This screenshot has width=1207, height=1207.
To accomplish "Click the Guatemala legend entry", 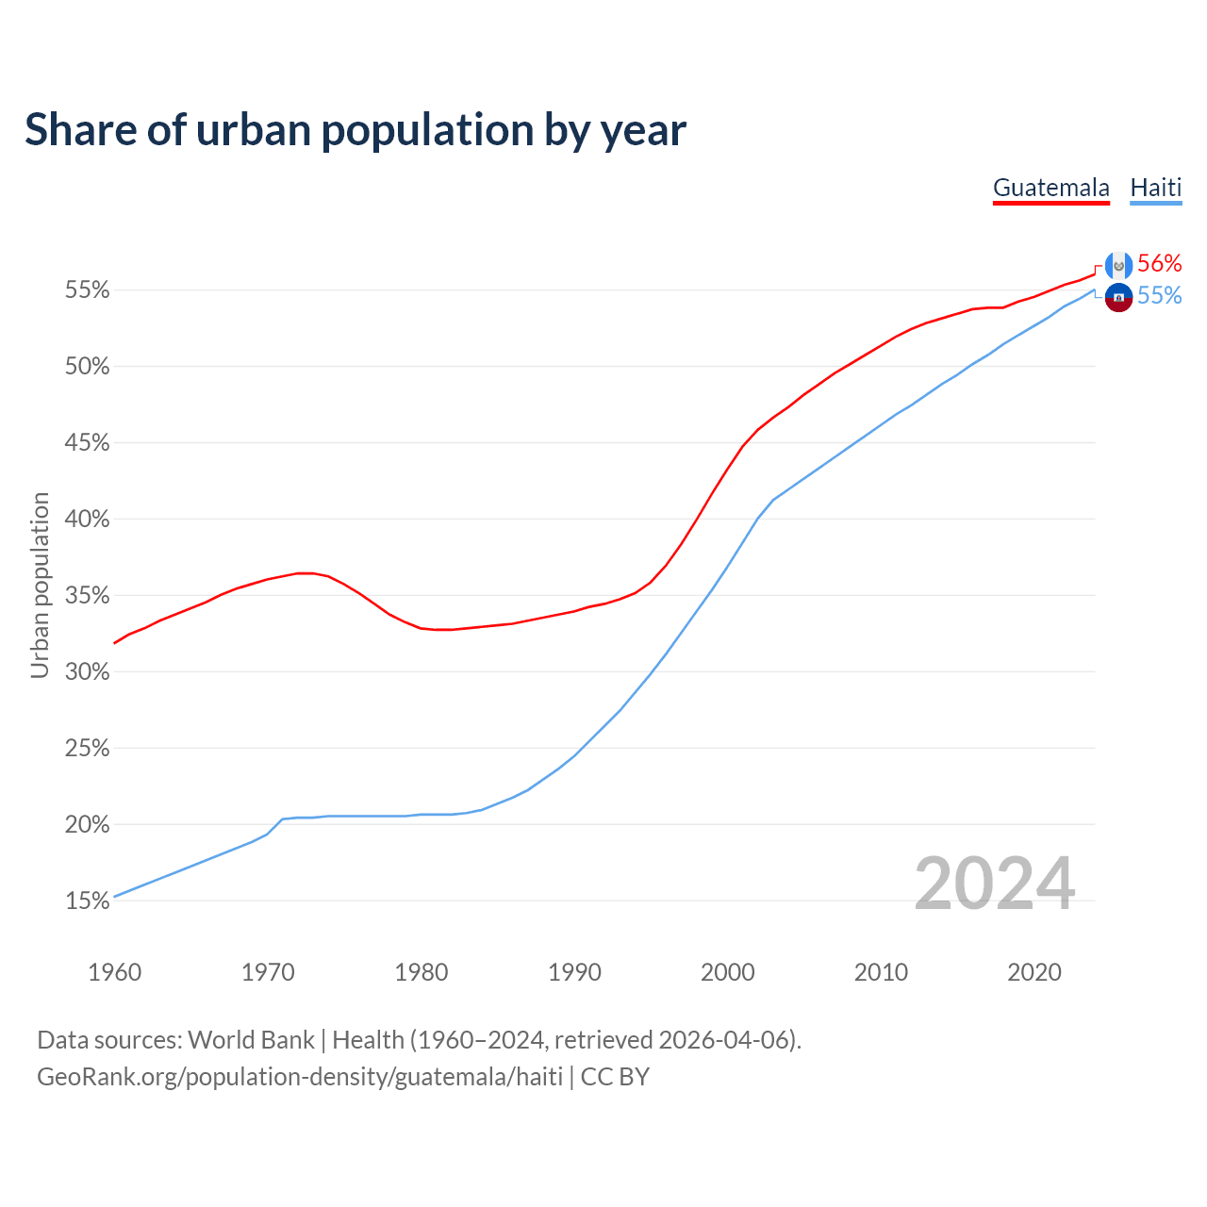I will point(1051,188).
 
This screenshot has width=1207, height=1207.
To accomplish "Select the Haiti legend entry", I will point(1156,188).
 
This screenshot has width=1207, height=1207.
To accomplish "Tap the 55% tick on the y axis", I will point(88,290).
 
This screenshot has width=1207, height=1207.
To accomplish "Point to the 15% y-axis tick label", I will point(88,901).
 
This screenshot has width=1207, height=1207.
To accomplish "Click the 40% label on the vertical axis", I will point(88,520).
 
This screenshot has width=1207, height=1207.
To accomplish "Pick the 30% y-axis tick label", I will point(88,672).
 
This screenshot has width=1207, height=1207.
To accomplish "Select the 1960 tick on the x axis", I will point(114,972).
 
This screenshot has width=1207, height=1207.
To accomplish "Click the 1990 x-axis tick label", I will point(574,972).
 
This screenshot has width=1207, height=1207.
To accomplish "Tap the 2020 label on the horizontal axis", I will point(1034,972).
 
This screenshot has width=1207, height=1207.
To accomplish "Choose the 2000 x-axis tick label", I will point(728,972).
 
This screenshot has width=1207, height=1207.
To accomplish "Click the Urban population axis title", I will point(40,585).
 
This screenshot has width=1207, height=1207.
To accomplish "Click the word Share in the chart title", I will point(80,130).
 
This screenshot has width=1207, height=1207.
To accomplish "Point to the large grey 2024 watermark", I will point(995,884).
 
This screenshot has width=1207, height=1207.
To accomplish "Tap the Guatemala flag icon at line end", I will point(1118,265).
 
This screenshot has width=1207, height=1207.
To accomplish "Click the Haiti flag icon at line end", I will point(1118,297).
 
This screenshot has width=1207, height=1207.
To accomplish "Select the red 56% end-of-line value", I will point(1160,263).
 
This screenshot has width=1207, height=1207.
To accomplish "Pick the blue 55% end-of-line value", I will point(1160,296).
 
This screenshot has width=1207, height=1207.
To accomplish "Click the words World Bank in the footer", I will point(251,1040).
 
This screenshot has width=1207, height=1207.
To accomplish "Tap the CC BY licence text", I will point(615,1077).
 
